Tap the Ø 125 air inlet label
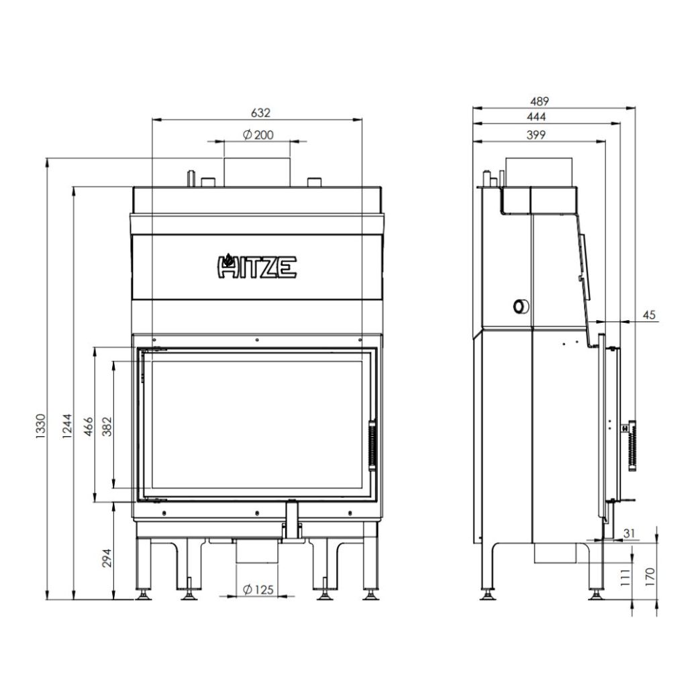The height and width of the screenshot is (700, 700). pyautogui.click(x=257, y=589)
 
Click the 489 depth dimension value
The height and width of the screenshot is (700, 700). pyautogui.click(x=539, y=101)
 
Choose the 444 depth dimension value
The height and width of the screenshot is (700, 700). pyautogui.click(x=539, y=117)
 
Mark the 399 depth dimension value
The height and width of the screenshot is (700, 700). pyautogui.click(x=536, y=134)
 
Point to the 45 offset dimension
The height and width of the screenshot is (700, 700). pyautogui.click(x=648, y=314)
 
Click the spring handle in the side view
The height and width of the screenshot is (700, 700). pyautogui.click(x=631, y=447)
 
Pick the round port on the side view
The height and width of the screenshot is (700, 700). pyautogui.click(x=519, y=306)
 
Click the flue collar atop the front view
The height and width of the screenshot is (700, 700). pyautogui.click(x=257, y=172)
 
